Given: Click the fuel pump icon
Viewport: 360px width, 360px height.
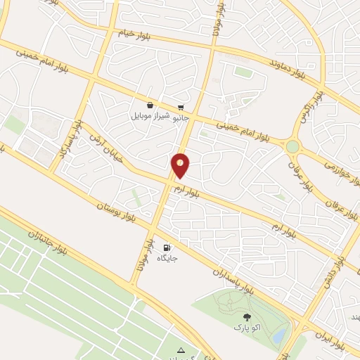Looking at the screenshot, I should pyautogui.click(x=166, y=247).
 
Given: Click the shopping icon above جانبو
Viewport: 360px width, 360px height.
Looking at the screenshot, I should pyautogui.click(x=181, y=107).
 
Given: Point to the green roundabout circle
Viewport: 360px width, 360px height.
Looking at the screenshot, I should pyautogui.click(x=292, y=146).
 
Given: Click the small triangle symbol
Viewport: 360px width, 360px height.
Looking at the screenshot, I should pyautogui.click(x=181, y=350).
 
